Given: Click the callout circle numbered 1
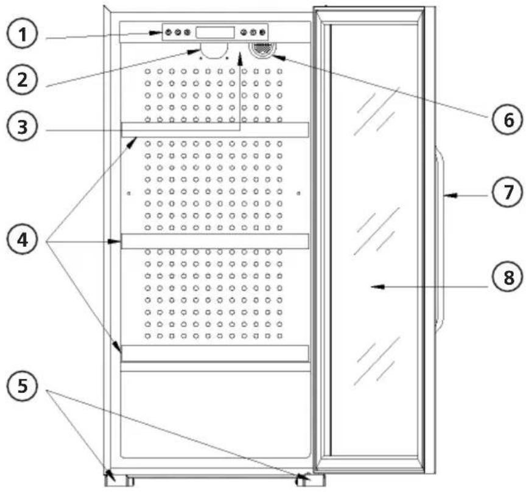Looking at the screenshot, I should coord(23,35).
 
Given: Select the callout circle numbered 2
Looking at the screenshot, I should coord(23,80).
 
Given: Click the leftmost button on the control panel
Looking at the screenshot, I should coord(168,32).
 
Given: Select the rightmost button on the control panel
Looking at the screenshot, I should coord(263,32).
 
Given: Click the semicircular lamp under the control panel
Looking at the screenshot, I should coord(212,52).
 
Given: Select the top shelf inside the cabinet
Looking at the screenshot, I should coord(215,130).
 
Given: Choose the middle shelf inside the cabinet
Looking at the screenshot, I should coord(215,241).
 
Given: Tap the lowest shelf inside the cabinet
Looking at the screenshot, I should coord(215,353).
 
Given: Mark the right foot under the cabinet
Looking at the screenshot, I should coord(310,480).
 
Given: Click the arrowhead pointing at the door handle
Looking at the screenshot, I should coord(447,195).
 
